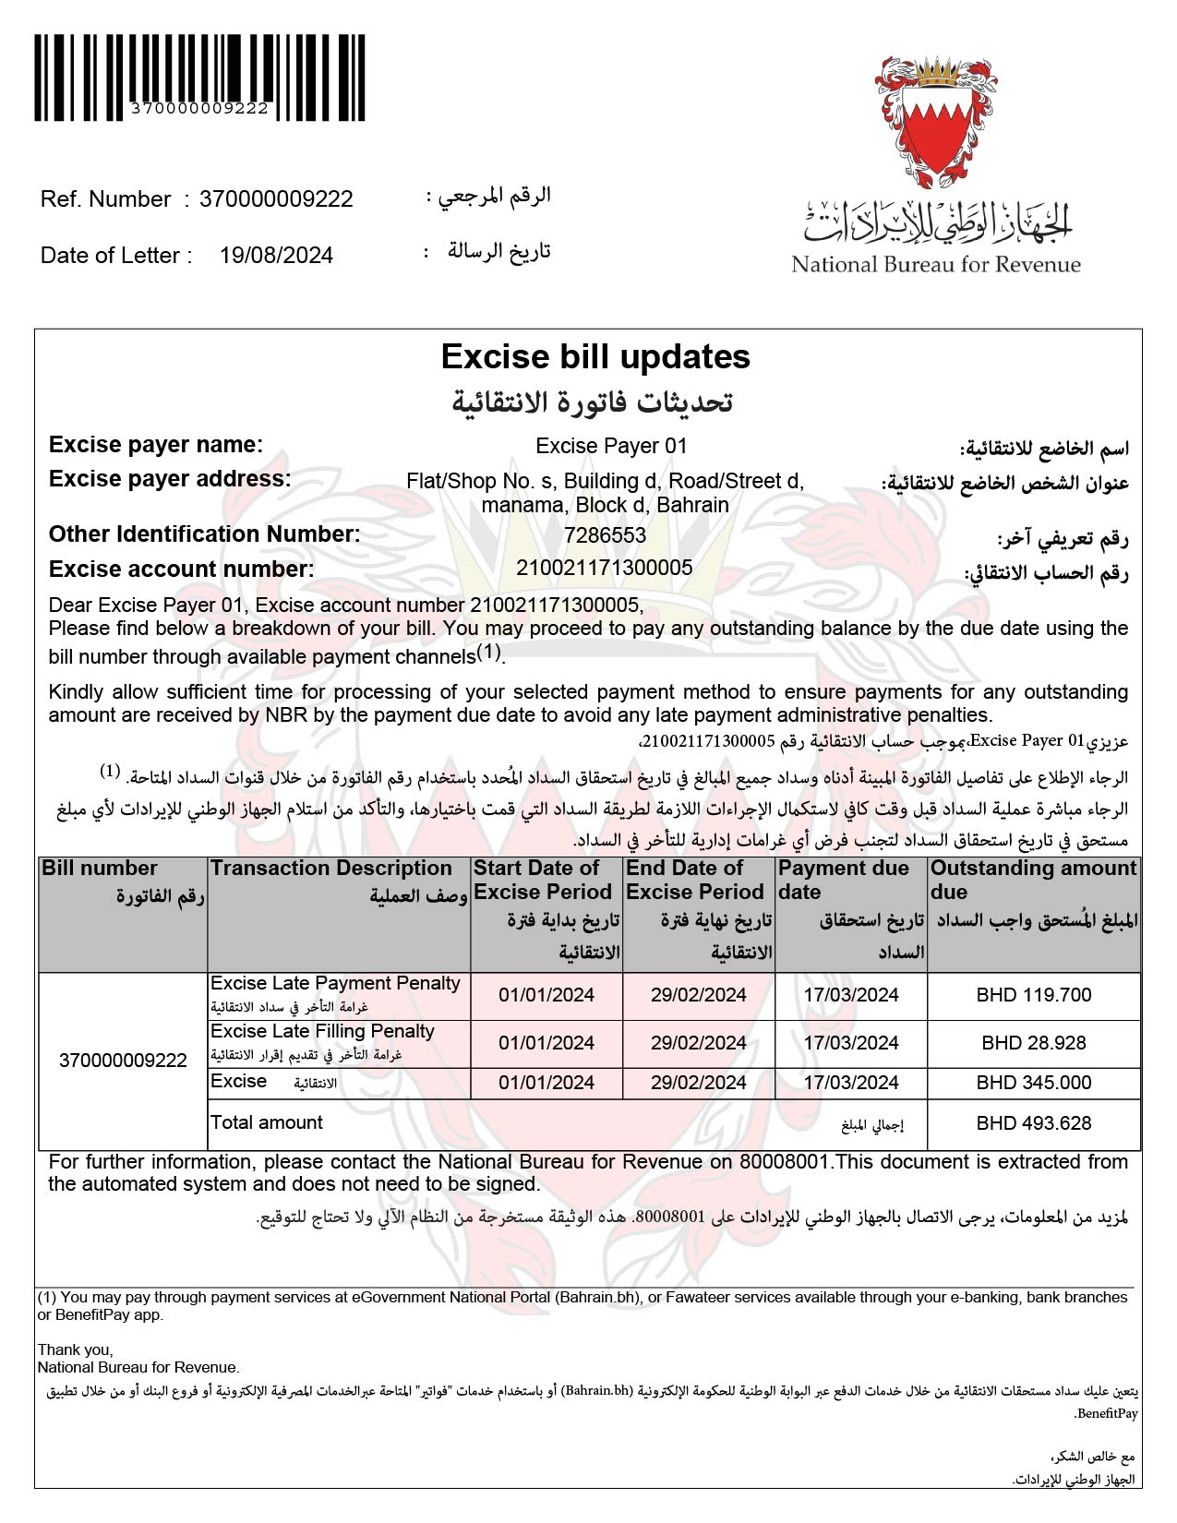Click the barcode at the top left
tap(199, 74)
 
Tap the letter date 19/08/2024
tap(276, 256)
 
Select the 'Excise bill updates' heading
tap(595, 356)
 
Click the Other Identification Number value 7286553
tap(605, 535)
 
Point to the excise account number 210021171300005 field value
tap(605, 568)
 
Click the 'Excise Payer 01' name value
tap(611, 446)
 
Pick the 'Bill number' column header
tap(100, 869)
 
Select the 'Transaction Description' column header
tap(331, 869)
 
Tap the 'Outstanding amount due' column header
tap(1033, 880)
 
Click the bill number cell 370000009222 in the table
tap(123, 1061)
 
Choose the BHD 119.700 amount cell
tap(1033, 995)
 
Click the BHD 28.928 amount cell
tap(1033, 1043)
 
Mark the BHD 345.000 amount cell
tap(1033, 1083)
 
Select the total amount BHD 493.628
tap(1033, 1123)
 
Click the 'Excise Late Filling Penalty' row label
tap(322, 1032)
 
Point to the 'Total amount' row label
tap(267, 1123)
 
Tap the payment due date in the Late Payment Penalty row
tap(850, 995)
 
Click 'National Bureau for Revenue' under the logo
tap(935, 265)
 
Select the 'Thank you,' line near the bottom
tap(75, 1350)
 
